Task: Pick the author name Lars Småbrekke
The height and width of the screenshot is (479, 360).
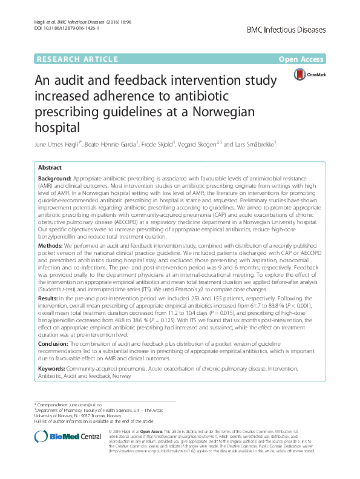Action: (x=249, y=144)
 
